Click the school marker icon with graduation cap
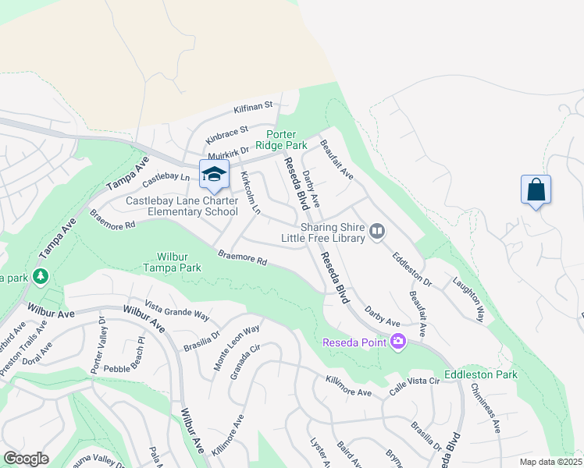[213, 175]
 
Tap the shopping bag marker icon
[536, 190]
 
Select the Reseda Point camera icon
[398, 342]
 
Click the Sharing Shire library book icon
[378, 230]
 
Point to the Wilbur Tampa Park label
[169, 261]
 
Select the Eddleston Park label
[481, 375]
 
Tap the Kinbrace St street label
[226, 133]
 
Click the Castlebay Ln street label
[167, 181]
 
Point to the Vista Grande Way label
[177, 310]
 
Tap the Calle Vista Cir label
[413, 392]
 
